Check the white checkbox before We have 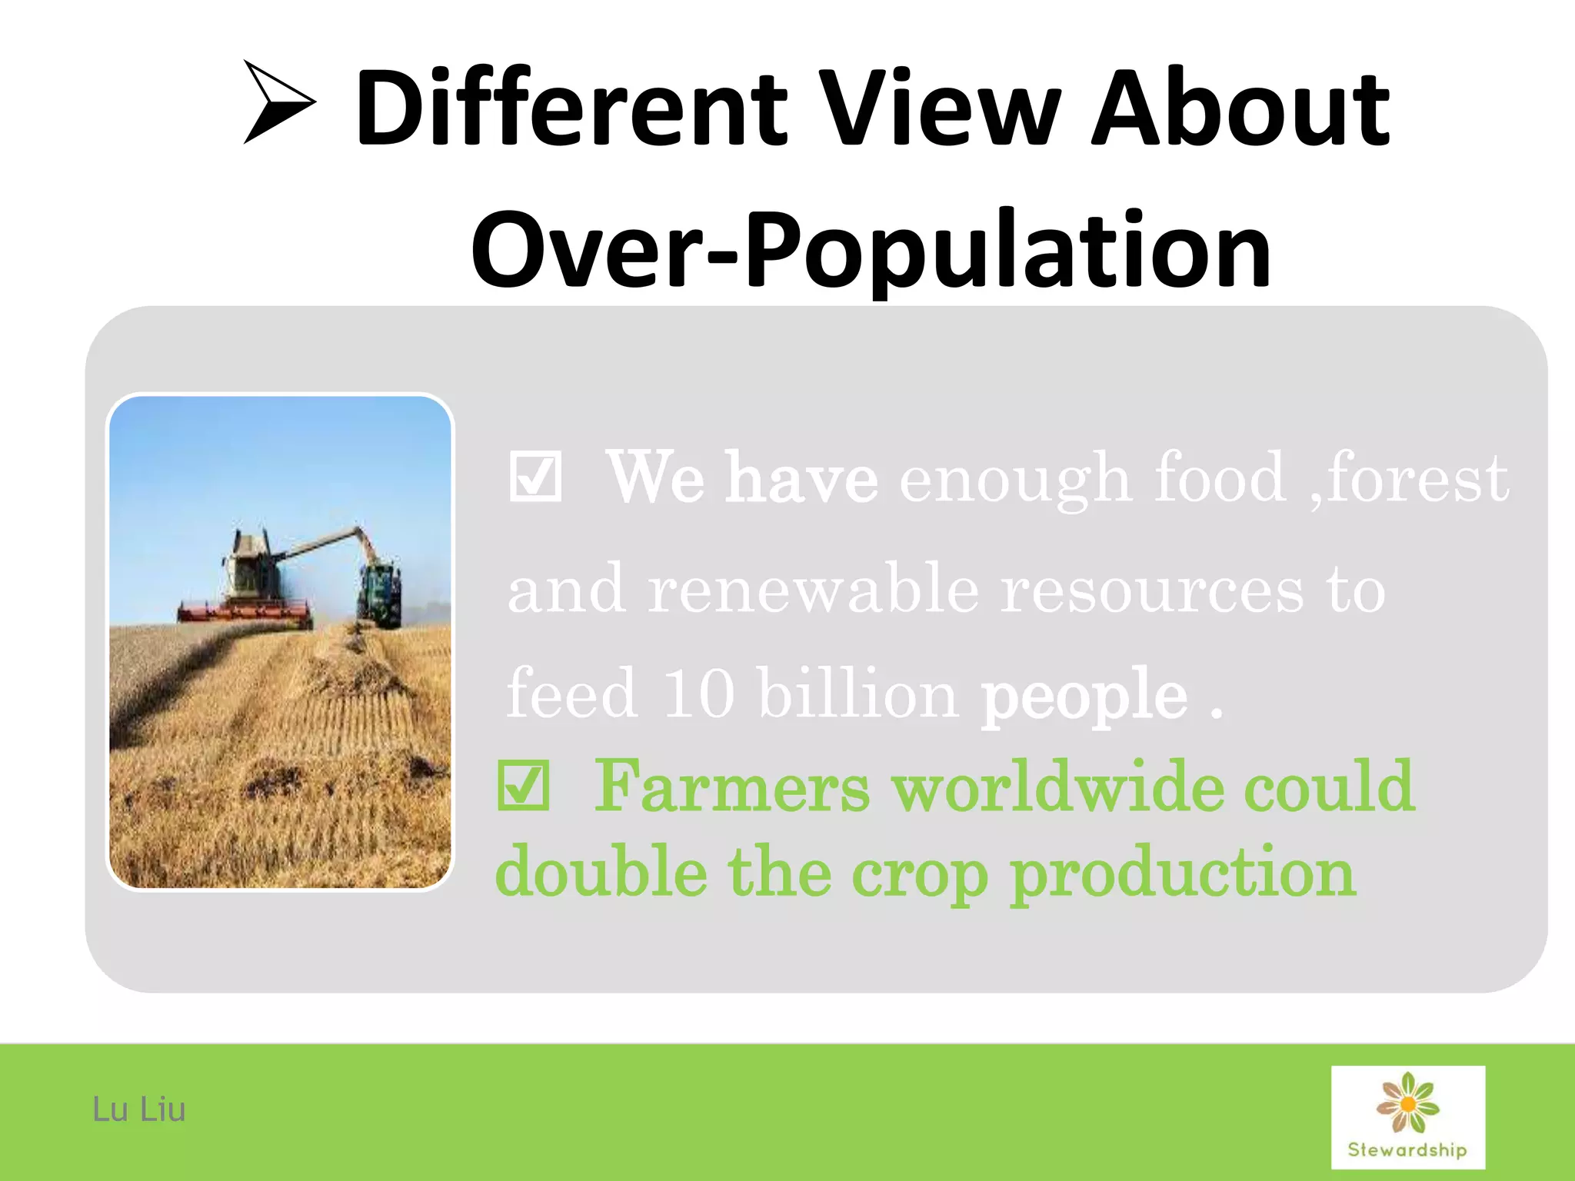[x=535, y=477]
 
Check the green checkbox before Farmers [x=524, y=787]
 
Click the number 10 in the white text [x=698, y=694]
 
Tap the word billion [x=857, y=694]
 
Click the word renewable [x=813, y=589]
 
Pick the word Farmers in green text [x=731, y=787]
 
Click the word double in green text [x=601, y=873]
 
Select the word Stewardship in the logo [x=1407, y=1150]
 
